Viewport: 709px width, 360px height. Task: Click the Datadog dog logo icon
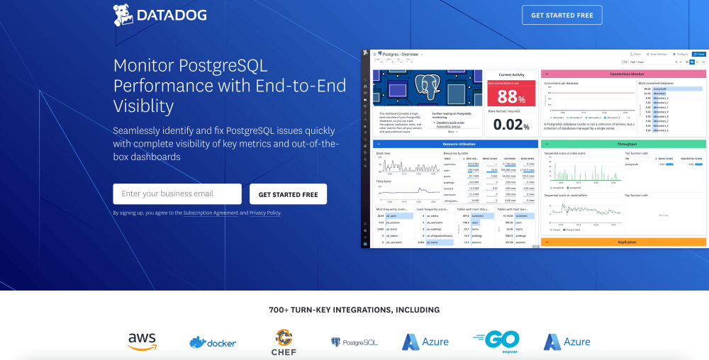point(124,14)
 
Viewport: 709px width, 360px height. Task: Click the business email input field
point(177,193)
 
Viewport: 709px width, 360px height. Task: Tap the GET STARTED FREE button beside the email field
point(288,194)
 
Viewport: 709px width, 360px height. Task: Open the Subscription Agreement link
point(211,213)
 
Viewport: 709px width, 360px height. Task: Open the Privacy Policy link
point(264,213)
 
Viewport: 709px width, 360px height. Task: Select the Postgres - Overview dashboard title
point(401,54)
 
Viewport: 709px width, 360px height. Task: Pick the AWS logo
point(142,342)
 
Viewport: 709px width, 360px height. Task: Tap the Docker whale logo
point(213,342)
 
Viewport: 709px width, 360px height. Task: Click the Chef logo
point(284,342)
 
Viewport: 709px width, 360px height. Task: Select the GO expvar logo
point(496,341)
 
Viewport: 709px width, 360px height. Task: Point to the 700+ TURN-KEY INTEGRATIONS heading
point(354,310)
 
